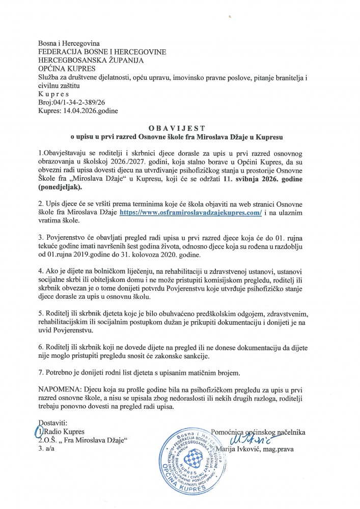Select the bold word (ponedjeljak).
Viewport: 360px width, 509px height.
pyautogui.click(x=67, y=188)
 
